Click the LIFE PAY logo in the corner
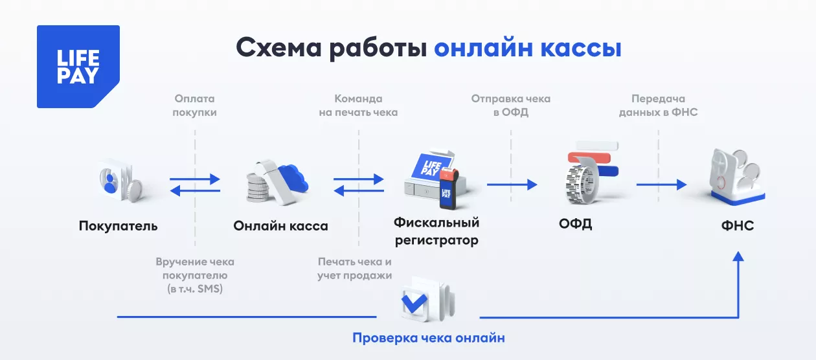pos(78,66)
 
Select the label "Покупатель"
pos(118,226)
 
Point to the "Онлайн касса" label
pos(280,226)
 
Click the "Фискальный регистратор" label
pos(436,232)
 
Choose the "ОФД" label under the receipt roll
pos(575,225)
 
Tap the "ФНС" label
pos(737,226)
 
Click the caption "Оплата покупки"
pos(195,106)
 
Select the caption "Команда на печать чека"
pos(358,106)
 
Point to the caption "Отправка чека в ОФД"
pos(511,106)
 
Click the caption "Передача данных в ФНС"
pos(658,106)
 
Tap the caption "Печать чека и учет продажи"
pos(355,269)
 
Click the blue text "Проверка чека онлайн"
pos(428,338)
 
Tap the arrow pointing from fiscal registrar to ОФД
pos(512,185)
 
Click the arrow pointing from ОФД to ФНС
pos(661,185)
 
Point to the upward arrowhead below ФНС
pos(738,257)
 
